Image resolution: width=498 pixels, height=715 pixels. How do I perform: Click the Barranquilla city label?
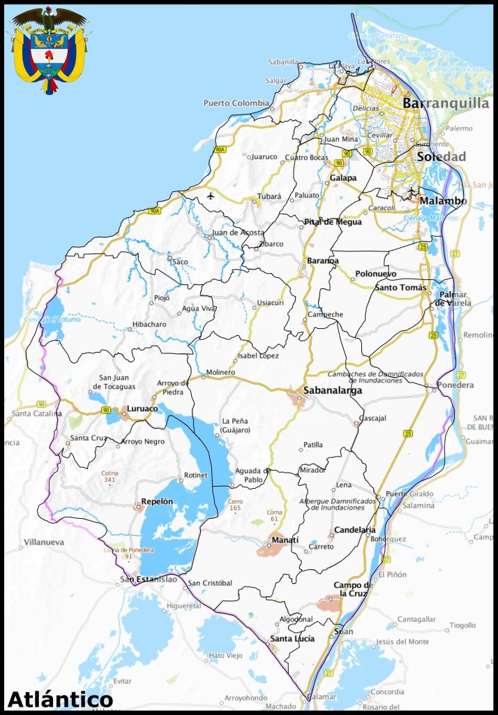(x=446, y=103)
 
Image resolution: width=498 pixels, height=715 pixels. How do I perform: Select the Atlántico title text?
(x=60, y=699)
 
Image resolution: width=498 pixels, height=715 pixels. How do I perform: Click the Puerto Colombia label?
(x=236, y=103)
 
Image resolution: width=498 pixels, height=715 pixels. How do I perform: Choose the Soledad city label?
(x=441, y=157)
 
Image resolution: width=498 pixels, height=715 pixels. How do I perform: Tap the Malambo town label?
(x=443, y=201)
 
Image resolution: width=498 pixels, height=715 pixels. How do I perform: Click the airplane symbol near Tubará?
(x=211, y=196)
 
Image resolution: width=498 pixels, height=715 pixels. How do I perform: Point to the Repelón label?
(x=156, y=501)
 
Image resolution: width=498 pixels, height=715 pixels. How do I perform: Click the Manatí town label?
(x=285, y=540)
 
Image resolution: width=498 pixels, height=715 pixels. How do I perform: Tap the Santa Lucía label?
(x=292, y=638)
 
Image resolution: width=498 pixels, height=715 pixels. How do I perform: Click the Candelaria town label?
(x=355, y=530)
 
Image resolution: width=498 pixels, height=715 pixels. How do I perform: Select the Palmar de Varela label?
(x=453, y=298)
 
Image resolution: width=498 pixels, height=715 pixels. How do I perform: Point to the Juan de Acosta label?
(x=238, y=232)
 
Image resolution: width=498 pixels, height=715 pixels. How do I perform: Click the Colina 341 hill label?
(x=109, y=476)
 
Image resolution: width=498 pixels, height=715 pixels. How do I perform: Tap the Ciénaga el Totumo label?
(x=52, y=320)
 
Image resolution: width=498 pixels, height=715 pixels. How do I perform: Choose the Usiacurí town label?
(x=271, y=302)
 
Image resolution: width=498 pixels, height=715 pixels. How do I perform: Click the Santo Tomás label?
(x=400, y=287)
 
